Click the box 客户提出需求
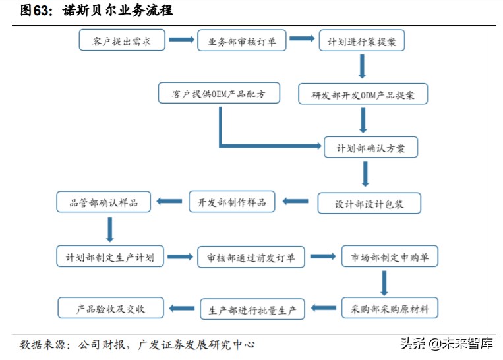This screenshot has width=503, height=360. tap(123, 41)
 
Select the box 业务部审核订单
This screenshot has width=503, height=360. tap(242, 41)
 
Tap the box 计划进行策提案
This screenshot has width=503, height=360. tap(361, 41)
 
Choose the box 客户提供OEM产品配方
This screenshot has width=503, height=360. tap(219, 94)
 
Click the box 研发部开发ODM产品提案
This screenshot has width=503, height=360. tap(363, 94)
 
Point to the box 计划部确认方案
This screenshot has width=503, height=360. tap(370, 148)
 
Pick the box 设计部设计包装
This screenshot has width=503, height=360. tap(369, 204)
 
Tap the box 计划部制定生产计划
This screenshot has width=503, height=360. tap(110, 256)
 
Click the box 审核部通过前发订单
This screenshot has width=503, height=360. tap(251, 257)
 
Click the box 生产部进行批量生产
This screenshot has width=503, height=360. tap(252, 308)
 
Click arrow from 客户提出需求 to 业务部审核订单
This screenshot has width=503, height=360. tap(181, 40)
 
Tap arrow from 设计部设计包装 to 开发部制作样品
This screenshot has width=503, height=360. tap(295, 202)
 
